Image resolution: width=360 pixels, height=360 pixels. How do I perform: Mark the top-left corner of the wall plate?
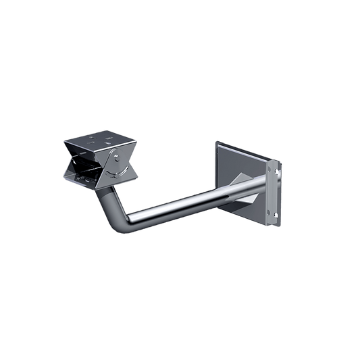coord(215,143)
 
